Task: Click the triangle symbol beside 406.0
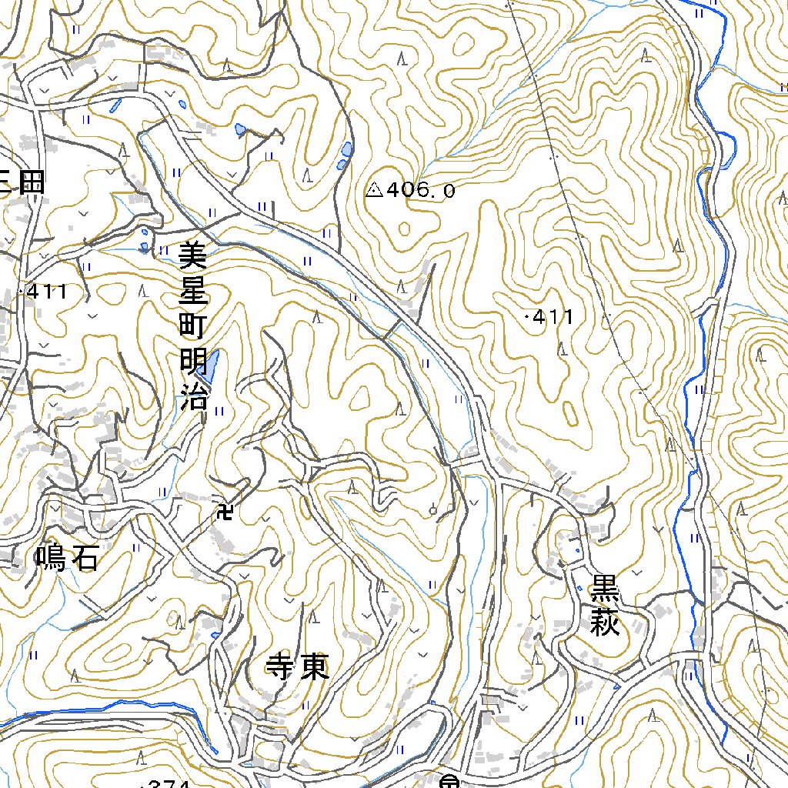coord(375,189)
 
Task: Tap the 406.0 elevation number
coord(421,189)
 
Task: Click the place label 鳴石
coord(67,558)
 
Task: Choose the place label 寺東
coord(297,667)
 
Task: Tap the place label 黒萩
coord(605,607)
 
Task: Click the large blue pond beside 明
coord(209,366)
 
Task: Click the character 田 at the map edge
coord(32,182)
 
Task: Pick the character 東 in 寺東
coord(315,667)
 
